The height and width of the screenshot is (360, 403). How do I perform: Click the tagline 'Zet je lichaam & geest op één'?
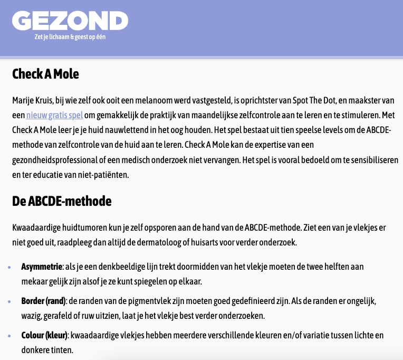click(70, 37)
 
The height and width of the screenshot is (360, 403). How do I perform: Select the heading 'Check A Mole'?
click(45, 73)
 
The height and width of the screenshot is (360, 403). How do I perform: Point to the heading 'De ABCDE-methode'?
click(62, 201)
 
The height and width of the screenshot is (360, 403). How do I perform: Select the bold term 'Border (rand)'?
click(43, 300)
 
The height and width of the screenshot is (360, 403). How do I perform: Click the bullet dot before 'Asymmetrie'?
click(9, 268)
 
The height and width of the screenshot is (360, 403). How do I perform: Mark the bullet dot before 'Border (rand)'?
click(9, 301)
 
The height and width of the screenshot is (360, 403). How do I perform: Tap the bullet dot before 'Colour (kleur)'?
click(9, 336)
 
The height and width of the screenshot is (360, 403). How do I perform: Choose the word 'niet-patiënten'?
click(102, 174)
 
